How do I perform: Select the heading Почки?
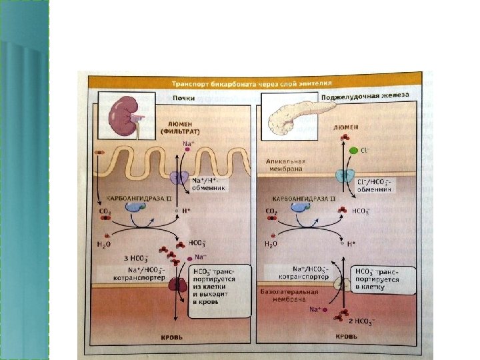[184, 98]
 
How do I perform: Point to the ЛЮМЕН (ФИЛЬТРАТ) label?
[176, 127]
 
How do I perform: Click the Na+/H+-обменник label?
[208, 184]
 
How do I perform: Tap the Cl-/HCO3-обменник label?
[375, 184]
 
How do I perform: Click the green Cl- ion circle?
[353, 151]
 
